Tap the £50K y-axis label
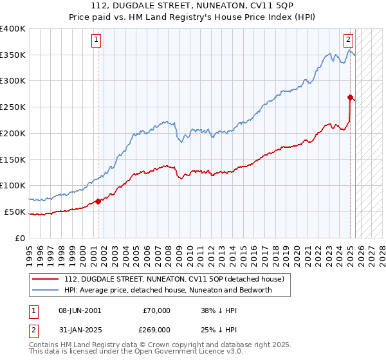pos(15,212)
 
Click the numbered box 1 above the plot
pos(96,40)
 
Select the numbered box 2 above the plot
pos(348,40)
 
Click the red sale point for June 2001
pos(98,201)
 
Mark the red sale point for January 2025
pos(351,98)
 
